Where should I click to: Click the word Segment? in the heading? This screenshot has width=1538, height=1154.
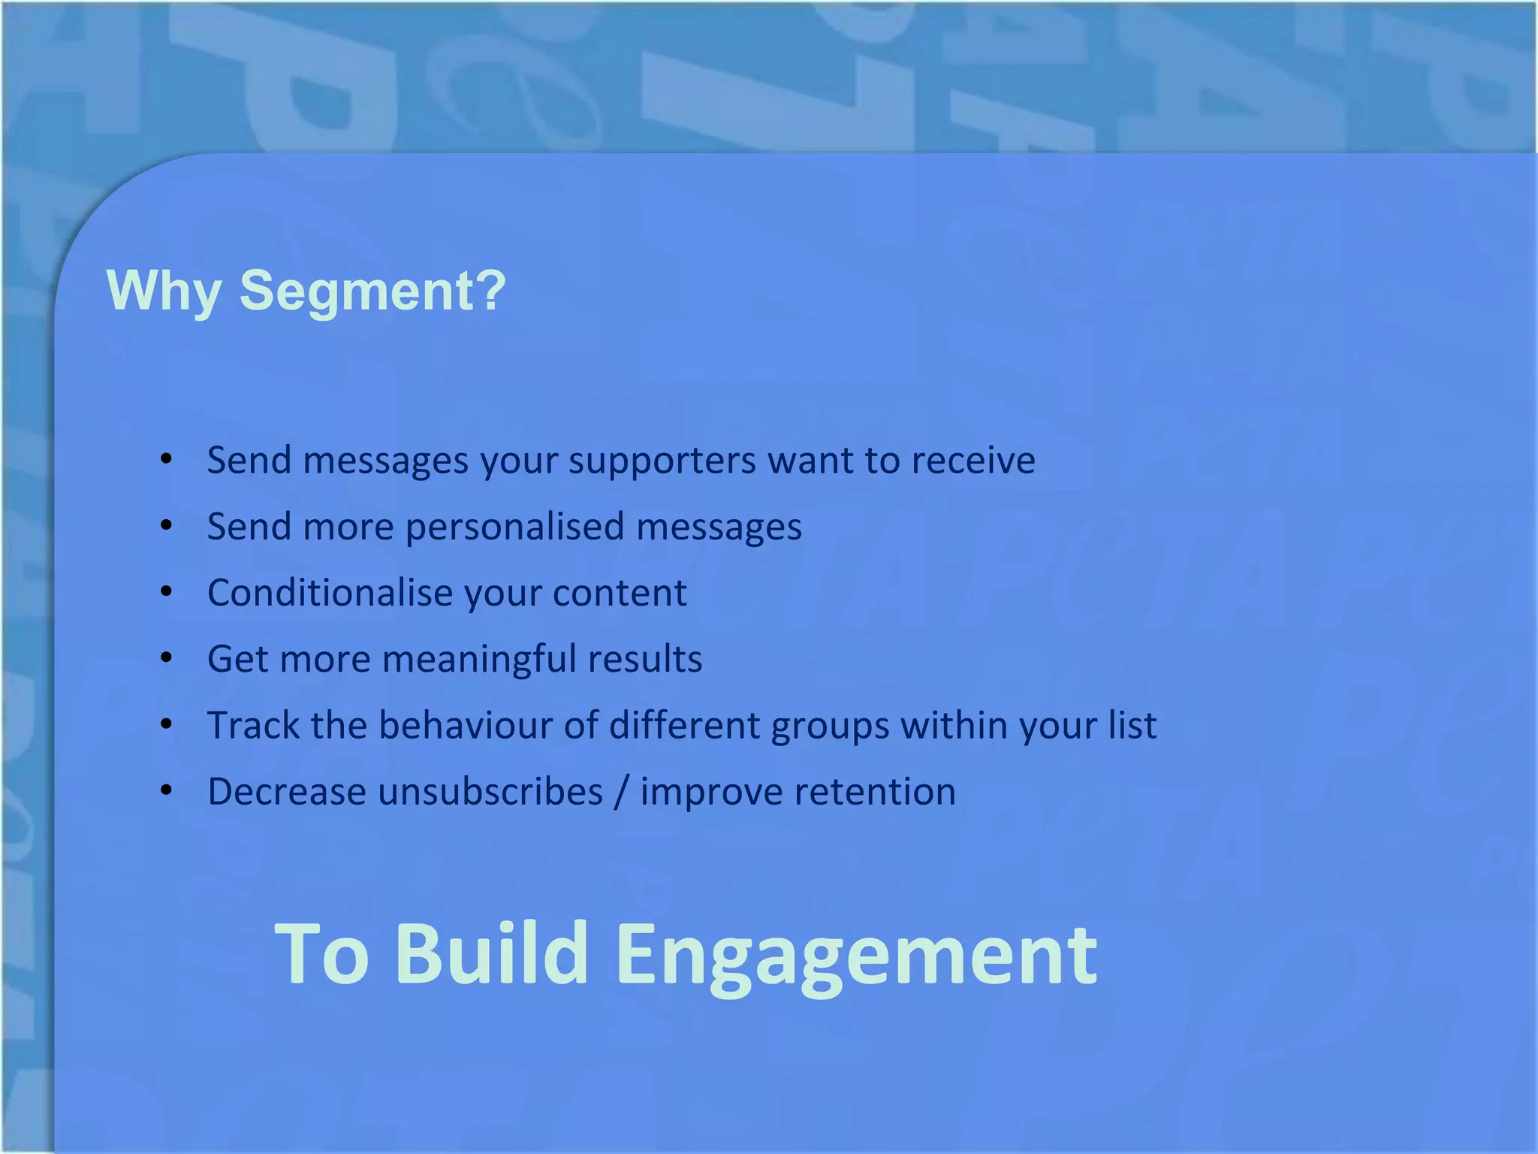[372, 292]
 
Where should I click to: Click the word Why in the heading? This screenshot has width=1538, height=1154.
[164, 292]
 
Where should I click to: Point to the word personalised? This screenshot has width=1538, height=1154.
[514, 527]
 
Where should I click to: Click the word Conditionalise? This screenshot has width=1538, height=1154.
[330, 593]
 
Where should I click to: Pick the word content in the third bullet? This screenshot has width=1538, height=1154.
[620, 593]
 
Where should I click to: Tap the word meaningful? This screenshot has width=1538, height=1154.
[479, 659]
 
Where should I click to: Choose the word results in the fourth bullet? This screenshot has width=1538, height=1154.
[644, 659]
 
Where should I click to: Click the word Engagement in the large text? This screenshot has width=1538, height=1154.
[856, 954]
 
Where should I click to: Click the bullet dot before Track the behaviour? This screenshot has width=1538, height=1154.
[167, 724]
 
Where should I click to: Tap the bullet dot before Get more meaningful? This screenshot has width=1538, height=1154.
[167, 658]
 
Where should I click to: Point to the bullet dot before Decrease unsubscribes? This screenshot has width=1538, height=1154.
[167, 790]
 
